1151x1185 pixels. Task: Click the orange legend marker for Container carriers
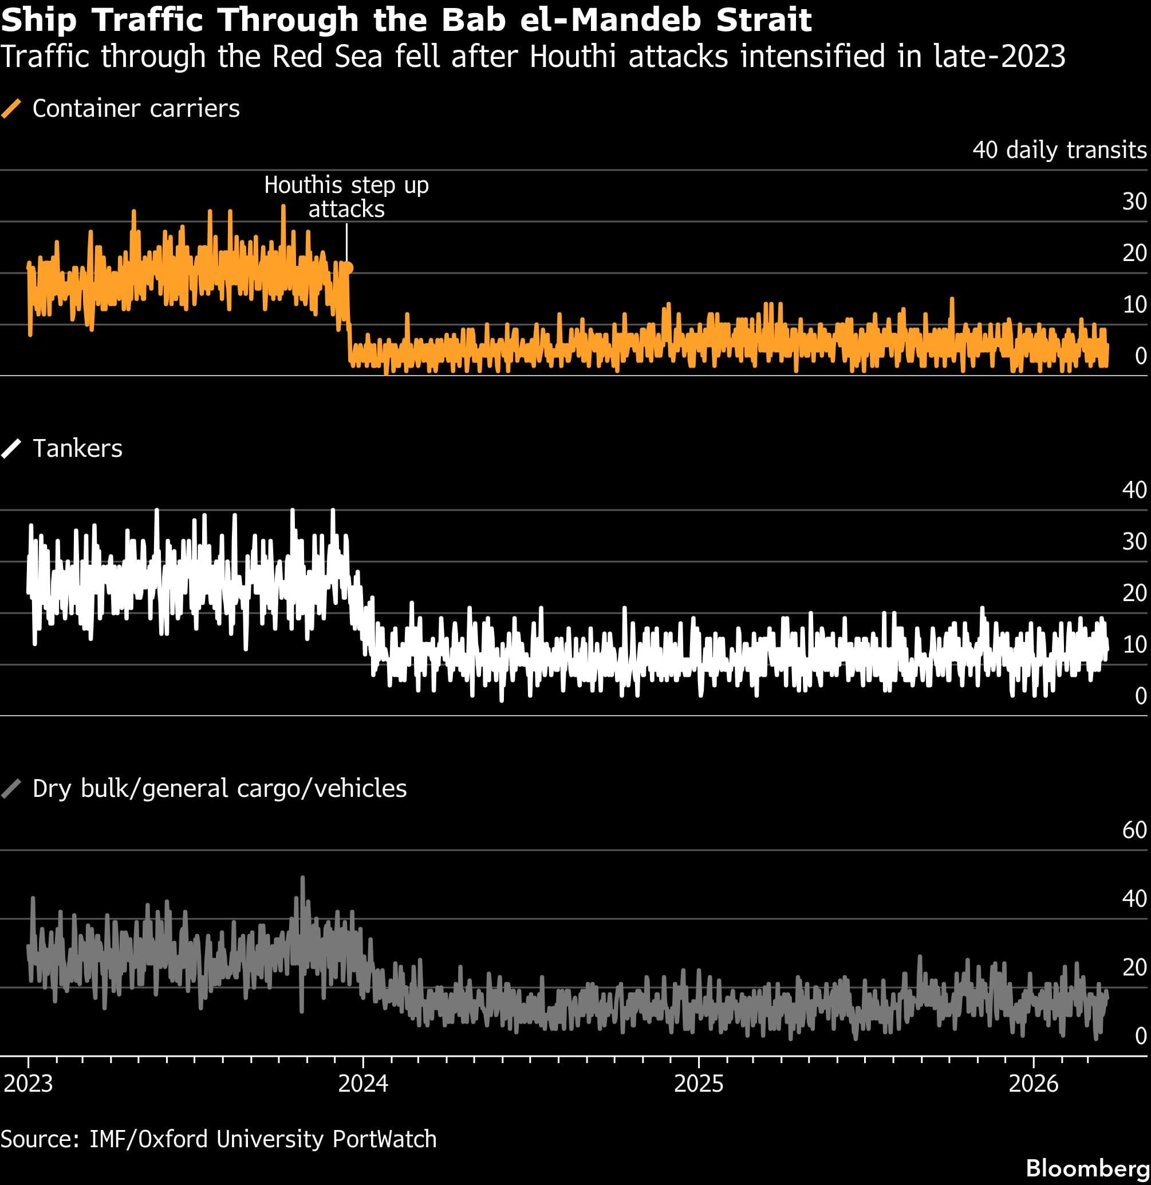[11, 109]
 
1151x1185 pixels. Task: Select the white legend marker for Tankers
[11, 449]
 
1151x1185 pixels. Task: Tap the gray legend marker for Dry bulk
[11, 788]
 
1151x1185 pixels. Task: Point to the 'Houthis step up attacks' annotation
[346, 196]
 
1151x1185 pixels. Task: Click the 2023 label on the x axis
[28, 1083]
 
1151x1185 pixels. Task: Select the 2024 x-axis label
[363, 1083]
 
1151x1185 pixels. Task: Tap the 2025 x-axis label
[699, 1083]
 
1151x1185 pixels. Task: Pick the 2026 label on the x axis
[1034, 1083]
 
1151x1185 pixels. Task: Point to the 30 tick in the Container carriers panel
[1134, 202]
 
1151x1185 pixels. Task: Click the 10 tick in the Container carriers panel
[1134, 304]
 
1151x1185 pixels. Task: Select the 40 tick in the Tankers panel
[1134, 489]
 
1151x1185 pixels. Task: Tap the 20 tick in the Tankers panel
[1134, 592]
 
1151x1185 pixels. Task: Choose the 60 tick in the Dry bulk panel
[1134, 829]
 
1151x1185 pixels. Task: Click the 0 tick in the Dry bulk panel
[1141, 1036]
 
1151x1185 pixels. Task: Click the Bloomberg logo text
[1087, 1167]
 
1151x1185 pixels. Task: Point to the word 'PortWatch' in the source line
[384, 1139]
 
